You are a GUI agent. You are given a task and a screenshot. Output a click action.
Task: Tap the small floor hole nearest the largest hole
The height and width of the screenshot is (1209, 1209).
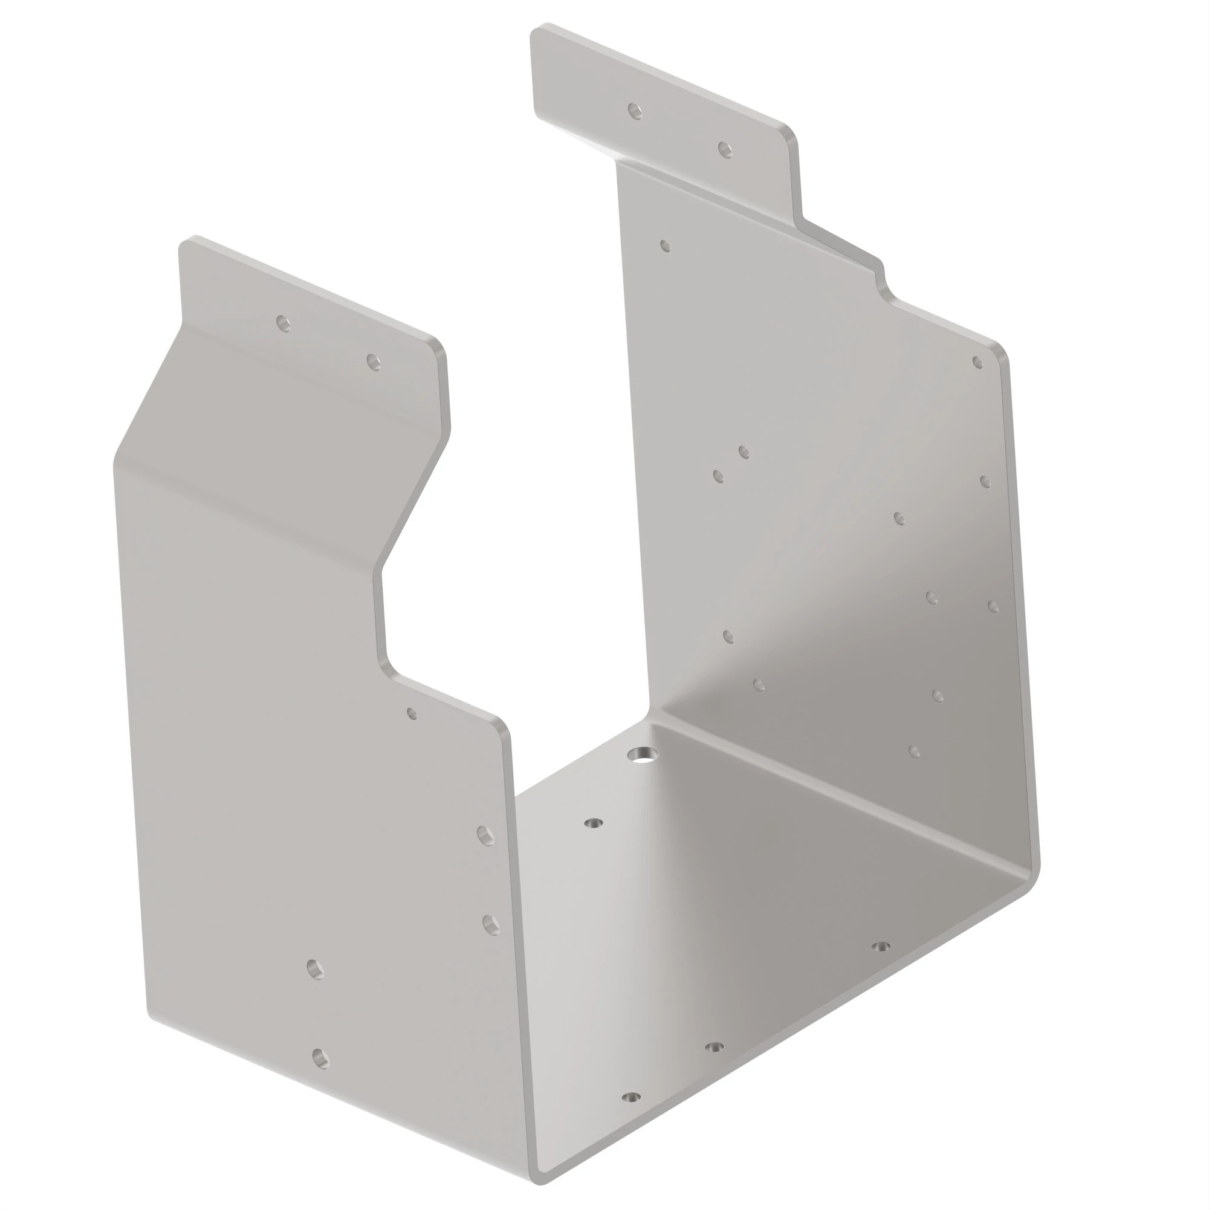click(x=593, y=823)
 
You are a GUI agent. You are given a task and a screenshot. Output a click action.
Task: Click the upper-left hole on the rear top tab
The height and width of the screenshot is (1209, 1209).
click(x=635, y=111)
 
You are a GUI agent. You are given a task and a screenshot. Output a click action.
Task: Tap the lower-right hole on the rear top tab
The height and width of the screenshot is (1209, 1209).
click(x=725, y=149)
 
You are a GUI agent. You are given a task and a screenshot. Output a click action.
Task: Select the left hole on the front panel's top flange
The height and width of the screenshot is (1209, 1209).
click(x=284, y=323)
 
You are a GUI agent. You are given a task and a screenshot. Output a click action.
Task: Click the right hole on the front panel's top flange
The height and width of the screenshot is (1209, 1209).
click(x=374, y=361)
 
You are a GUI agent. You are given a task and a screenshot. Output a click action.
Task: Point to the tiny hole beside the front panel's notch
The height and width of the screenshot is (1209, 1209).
click(x=412, y=713)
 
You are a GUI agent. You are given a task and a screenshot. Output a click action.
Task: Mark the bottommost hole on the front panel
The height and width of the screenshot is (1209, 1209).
click(x=320, y=1059)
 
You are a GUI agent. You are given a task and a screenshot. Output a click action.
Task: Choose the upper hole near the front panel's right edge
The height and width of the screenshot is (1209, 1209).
click(x=485, y=835)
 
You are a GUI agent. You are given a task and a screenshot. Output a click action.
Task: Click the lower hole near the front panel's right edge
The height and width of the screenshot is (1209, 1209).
click(x=491, y=925)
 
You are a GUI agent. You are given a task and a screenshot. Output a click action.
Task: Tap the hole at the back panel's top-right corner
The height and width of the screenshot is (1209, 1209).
click(x=978, y=362)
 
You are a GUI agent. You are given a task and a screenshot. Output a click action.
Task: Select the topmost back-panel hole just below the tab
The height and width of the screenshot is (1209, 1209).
click(x=665, y=246)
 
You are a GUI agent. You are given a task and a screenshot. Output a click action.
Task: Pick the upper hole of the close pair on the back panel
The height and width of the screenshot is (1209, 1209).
click(x=744, y=452)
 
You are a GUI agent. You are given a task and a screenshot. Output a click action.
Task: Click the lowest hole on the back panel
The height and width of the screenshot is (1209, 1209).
click(x=914, y=751)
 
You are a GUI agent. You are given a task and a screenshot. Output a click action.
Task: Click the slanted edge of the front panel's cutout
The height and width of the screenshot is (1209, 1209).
click(x=413, y=501)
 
